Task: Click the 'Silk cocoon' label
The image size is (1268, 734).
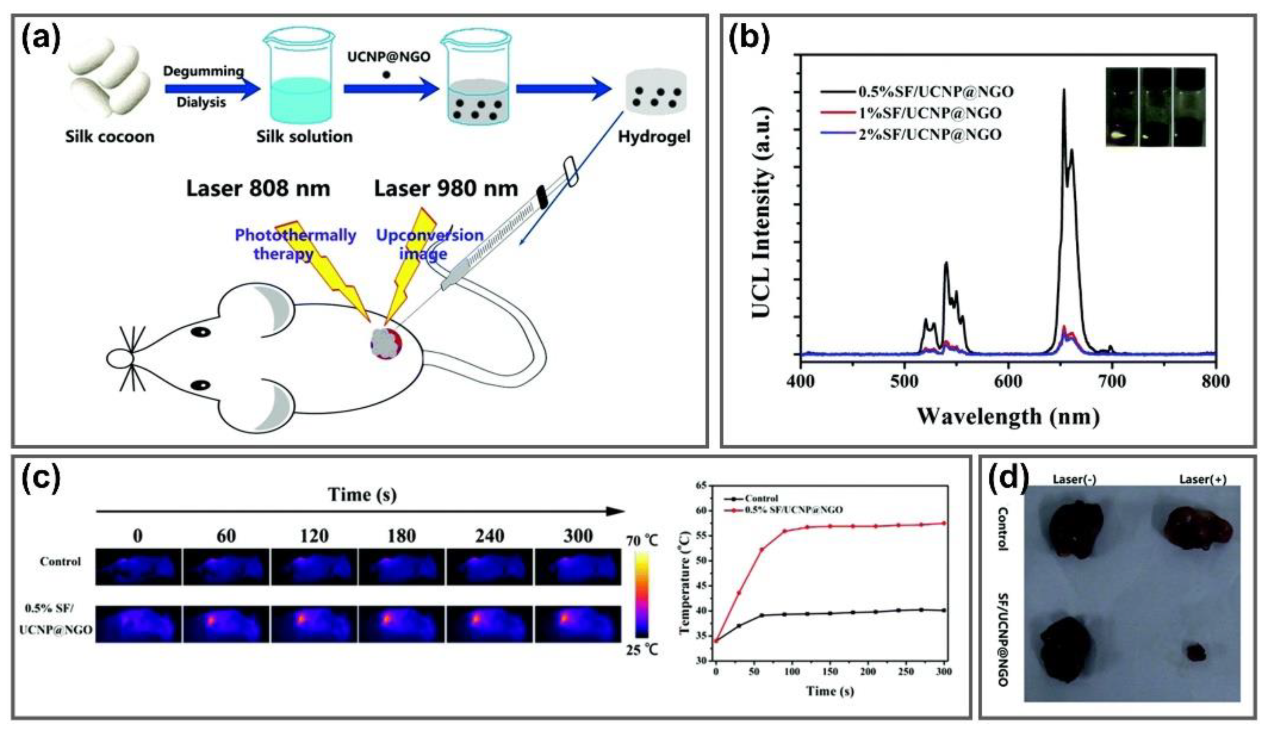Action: (x=110, y=137)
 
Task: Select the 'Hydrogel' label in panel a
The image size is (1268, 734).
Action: (x=654, y=137)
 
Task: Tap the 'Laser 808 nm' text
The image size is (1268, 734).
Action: (x=258, y=189)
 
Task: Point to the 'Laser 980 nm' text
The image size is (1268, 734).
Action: (x=446, y=189)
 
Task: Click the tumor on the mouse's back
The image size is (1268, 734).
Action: (x=386, y=343)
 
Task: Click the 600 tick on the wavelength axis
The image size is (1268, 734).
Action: (x=1008, y=381)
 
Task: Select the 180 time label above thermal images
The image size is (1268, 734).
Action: (x=402, y=536)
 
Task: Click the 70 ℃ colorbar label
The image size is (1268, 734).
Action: (x=641, y=541)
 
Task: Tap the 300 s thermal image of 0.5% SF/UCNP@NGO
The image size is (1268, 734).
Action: (x=578, y=624)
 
